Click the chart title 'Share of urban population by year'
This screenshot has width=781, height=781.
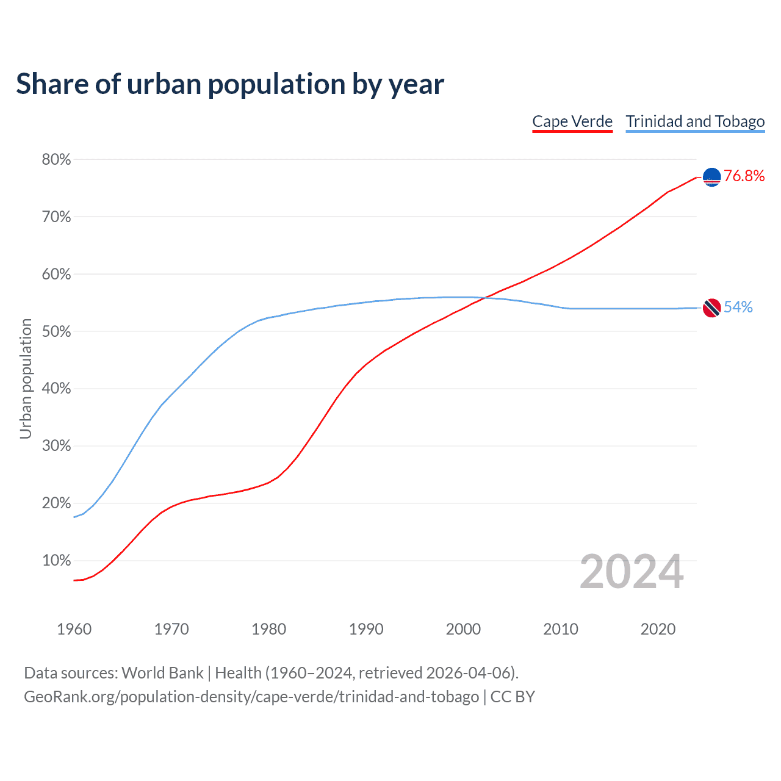[230, 84]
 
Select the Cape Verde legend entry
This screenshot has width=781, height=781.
[572, 121]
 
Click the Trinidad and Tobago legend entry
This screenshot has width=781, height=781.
[695, 121]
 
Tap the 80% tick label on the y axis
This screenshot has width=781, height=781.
[56, 160]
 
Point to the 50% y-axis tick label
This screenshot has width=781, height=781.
[56, 331]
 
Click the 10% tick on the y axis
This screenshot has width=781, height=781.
[56, 561]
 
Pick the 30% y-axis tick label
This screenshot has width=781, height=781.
[56, 446]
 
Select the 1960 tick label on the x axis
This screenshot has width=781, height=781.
[74, 629]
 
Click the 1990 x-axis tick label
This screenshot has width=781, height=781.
[366, 629]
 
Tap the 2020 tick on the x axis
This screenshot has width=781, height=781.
[658, 629]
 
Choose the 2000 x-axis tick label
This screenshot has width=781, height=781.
[463, 629]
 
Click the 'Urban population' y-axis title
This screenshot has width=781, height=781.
[26, 378]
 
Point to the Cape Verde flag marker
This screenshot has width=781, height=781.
[712, 177]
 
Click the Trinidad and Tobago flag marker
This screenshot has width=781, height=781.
[712, 308]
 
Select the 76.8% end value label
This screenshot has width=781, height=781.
[744, 176]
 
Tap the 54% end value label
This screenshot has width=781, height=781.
[738, 308]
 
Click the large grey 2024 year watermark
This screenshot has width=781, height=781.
[632, 572]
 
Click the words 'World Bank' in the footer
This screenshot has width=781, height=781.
[162, 673]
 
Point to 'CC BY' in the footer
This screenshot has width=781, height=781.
[513, 697]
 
